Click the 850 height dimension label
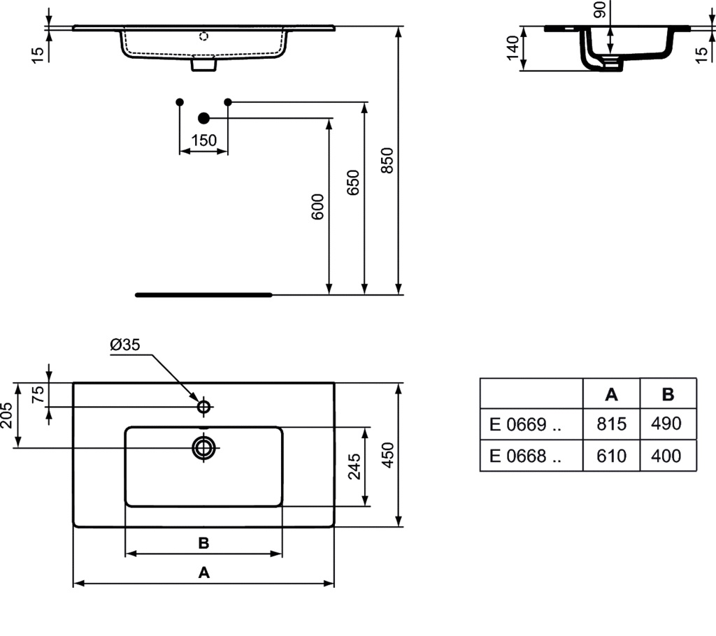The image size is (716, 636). (387, 160)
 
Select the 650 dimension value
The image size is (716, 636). (353, 182)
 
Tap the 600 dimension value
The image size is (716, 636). (318, 207)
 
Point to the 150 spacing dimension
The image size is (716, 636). (203, 140)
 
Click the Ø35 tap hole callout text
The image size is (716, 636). (125, 345)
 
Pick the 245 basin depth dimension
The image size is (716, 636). (355, 466)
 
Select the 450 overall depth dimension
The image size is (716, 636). (387, 455)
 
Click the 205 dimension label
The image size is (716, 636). (6, 415)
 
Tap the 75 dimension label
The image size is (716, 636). (39, 394)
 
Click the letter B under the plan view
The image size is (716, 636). (203, 543)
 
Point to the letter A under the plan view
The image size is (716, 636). (203, 572)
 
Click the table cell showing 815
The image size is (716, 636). (611, 424)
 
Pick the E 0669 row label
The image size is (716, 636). (525, 425)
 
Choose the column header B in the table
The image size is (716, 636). (668, 394)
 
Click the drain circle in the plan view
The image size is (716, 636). (203, 448)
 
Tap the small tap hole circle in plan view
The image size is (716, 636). (203, 406)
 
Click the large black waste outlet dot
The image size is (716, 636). (203, 118)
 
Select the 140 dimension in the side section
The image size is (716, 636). (513, 48)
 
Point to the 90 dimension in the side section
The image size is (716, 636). (599, 10)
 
